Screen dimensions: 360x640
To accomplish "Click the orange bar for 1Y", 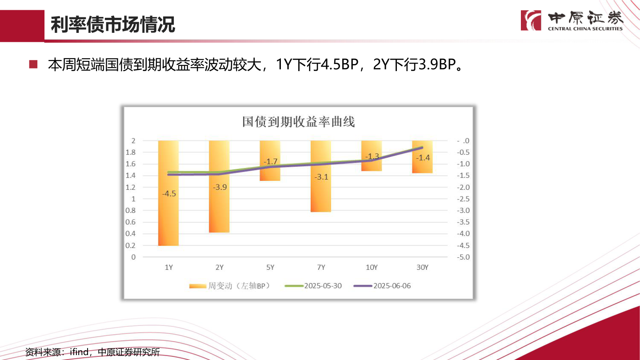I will (168, 213).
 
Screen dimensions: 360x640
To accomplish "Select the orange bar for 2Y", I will (219, 209).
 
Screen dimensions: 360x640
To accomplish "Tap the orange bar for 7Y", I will (321, 196).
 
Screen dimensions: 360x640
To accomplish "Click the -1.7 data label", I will (270, 162).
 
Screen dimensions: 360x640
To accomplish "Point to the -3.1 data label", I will (321, 177).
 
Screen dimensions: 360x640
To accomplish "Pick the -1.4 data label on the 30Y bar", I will (422, 157).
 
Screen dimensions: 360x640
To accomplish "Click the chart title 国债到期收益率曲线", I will (299, 121).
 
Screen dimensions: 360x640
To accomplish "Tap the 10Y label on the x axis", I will (372, 268).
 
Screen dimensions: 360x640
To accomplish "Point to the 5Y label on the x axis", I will (270, 268).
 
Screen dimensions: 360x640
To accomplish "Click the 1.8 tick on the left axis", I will (130, 152).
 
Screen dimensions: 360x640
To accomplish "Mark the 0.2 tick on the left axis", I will (130, 245).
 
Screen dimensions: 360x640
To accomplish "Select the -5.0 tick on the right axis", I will (463, 257).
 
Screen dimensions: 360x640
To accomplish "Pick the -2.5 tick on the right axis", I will (463, 199).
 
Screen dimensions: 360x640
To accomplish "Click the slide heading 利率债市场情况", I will (113, 25).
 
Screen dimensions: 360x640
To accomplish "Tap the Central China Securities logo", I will (572, 20).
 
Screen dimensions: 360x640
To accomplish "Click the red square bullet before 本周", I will (33, 65).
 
